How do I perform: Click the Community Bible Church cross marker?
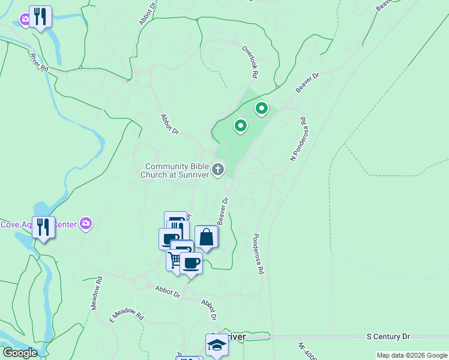pyautogui.click(x=218, y=170)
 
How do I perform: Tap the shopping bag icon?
pyautogui.click(x=206, y=237)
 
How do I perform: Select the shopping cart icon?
pyautogui.click(x=175, y=260)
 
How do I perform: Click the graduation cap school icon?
pyautogui.click(x=217, y=345)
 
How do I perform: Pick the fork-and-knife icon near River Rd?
pyautogui.click(x=40, y=17)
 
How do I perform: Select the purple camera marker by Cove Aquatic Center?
pyautogui.click(x=86, y=224)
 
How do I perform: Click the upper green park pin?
pyautogui.click(x=262, y=109)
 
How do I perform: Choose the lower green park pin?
pyautogui.click(x=241, y=126)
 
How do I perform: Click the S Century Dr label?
pyautogui.click(x=388, y=337)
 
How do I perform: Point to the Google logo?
pyautogui.click(x=20, y=353)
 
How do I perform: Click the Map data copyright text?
pyautogui.click(x=412, y=355)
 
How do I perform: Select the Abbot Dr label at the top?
pyautogui.click(x=148, y=12)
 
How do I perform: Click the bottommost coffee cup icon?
pyautogui.click(x=191, y=262)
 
